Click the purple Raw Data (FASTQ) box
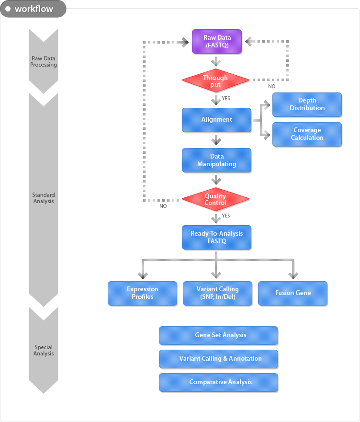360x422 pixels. [217, 42]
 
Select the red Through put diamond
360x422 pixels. [215, 80]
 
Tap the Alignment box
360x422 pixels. [216, 120]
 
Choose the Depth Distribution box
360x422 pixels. [307, 105]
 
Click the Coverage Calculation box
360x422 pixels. [307, 134]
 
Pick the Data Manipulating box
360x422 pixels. [216, 160]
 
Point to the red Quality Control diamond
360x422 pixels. [215, 199]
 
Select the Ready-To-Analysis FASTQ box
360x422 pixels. [216, 238]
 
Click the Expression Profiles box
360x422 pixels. [142, 293]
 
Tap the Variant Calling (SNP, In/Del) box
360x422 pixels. [217, 293]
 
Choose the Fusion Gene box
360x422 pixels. [292, 293]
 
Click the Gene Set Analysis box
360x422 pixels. [218, 336]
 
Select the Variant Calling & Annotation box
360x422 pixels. [218, 359]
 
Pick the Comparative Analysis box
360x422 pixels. [218, 382]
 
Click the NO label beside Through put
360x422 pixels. [272, 86]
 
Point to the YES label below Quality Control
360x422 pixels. [226, 216]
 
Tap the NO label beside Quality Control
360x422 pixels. [163, 206]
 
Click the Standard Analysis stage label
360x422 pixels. [44, 198]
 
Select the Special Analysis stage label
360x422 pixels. [44, 351]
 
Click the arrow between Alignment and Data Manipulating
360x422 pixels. [216, 140]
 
